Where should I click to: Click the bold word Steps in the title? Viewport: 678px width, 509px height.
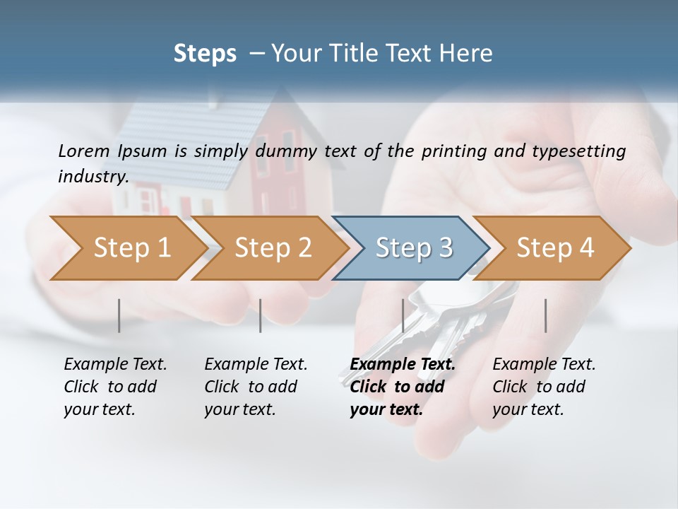click(205, 54)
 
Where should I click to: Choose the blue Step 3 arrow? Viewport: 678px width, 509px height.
click(414, 248)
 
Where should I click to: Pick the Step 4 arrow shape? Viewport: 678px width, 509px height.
click(555, 248)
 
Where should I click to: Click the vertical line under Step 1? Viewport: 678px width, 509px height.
click(119, 315)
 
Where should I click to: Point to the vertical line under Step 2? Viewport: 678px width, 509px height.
click(261, 315)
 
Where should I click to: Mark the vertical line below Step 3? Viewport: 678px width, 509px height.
click(403, 315)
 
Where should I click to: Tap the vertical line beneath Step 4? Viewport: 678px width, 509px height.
click(546, 315)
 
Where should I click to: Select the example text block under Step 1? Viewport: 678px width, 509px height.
click(115, 387)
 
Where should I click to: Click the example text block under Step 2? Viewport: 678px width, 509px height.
click(256, 387)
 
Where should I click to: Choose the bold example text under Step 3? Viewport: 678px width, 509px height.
click(403, 387)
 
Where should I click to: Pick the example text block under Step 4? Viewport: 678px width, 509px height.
click(544, 387)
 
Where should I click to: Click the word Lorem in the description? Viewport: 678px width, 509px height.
click(84, 151)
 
